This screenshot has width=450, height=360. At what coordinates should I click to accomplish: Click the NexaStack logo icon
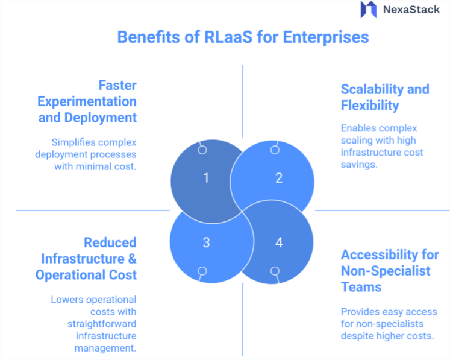[368, 10]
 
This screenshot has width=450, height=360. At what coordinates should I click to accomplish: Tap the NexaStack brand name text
[411, 10]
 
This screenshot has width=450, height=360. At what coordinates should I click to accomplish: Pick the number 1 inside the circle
[205, 177]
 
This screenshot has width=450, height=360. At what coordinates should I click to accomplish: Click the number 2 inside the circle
[278, 177]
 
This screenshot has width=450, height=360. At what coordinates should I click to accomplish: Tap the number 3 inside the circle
[205, 242]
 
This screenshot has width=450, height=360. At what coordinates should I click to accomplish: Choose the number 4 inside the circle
[278, 242]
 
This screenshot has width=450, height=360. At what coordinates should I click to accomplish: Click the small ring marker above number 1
[203, 150]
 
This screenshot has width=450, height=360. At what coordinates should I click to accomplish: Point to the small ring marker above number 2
[273, 150]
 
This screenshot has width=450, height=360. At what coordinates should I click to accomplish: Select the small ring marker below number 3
[203, 271]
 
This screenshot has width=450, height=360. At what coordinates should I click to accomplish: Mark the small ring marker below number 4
[274, 271]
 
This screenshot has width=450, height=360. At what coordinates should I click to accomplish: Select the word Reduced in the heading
[110, 242]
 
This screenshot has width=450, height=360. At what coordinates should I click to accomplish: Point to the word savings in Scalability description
[359, 165]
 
